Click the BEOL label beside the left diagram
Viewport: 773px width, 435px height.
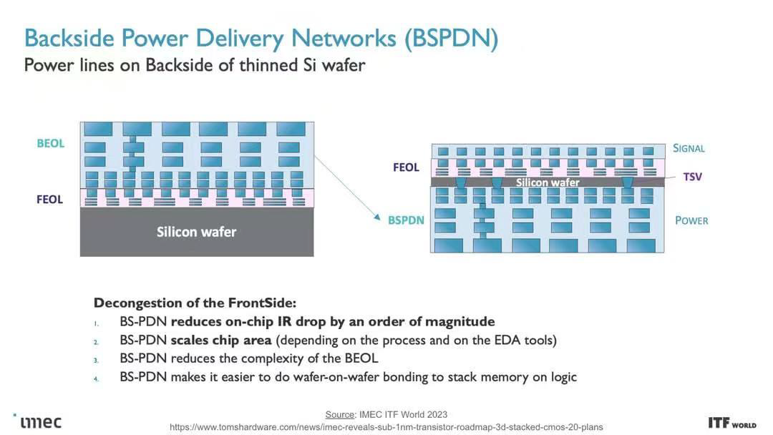click(51, 143)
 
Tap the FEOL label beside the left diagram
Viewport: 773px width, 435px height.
click(50, 200)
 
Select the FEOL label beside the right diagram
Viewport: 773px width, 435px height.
click(407, 167)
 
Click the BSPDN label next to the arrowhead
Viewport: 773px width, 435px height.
click(406, 220)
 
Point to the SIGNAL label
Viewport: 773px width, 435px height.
click(689, 148)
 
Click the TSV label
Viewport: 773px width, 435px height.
click(693, 177)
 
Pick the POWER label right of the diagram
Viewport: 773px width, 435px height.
click(691, 220)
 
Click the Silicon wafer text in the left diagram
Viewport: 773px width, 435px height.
click(196, 232)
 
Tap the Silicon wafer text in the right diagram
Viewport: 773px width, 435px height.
click(548, 182)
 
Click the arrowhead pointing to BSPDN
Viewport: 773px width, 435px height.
click(377, 217)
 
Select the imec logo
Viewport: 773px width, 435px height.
click(38, 421)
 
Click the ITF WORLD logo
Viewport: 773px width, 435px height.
click(732, 423)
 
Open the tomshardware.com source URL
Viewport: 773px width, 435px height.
click(386, 427)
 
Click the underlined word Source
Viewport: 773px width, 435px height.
click(340, 414)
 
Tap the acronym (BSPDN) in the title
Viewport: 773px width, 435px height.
click(451, 38)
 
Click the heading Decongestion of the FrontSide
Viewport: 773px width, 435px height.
click(195, 303)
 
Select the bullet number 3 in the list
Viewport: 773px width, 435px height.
click(96, 360)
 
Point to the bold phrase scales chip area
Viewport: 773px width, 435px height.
click(221, 341)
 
